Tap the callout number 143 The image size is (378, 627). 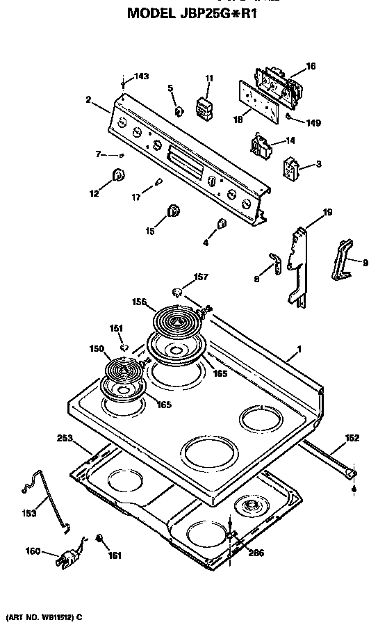click(x=141, y=76)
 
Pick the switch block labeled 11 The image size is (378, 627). click(x=204, y=108)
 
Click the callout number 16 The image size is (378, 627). click(x=311, y=66)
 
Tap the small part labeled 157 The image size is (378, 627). click(x=177, y=290)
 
